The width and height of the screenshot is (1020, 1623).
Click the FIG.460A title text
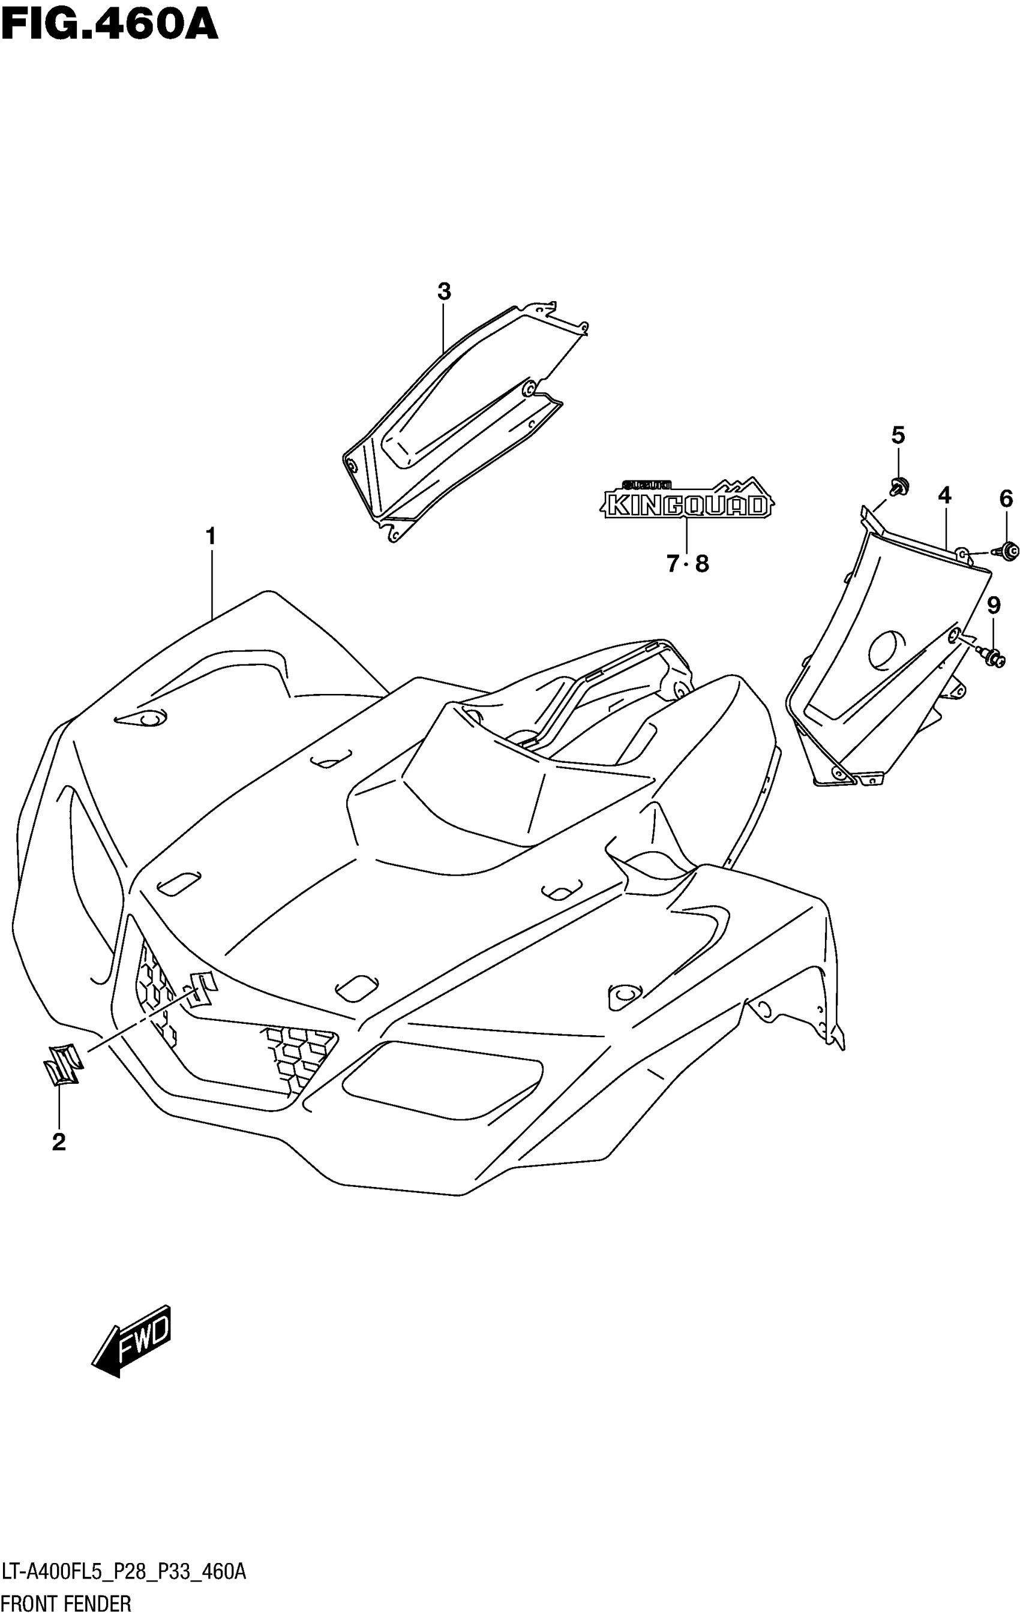click(x=109, y=26)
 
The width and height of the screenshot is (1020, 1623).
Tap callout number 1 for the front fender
click(x=211, y=537)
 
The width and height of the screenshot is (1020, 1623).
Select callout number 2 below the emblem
click(x=59, y=1141)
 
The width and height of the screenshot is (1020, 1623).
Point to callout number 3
click(x=443, y=292)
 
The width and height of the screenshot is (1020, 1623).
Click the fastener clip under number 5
click(x=898, y=485)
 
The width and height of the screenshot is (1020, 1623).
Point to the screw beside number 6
click(x=1009, y=551)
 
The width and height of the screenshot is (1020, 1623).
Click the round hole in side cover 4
click(x=887, y=648)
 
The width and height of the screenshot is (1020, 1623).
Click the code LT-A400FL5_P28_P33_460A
click(x=124, y=1573)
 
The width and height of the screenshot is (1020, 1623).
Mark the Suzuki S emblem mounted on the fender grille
click(x=198, y=988)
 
